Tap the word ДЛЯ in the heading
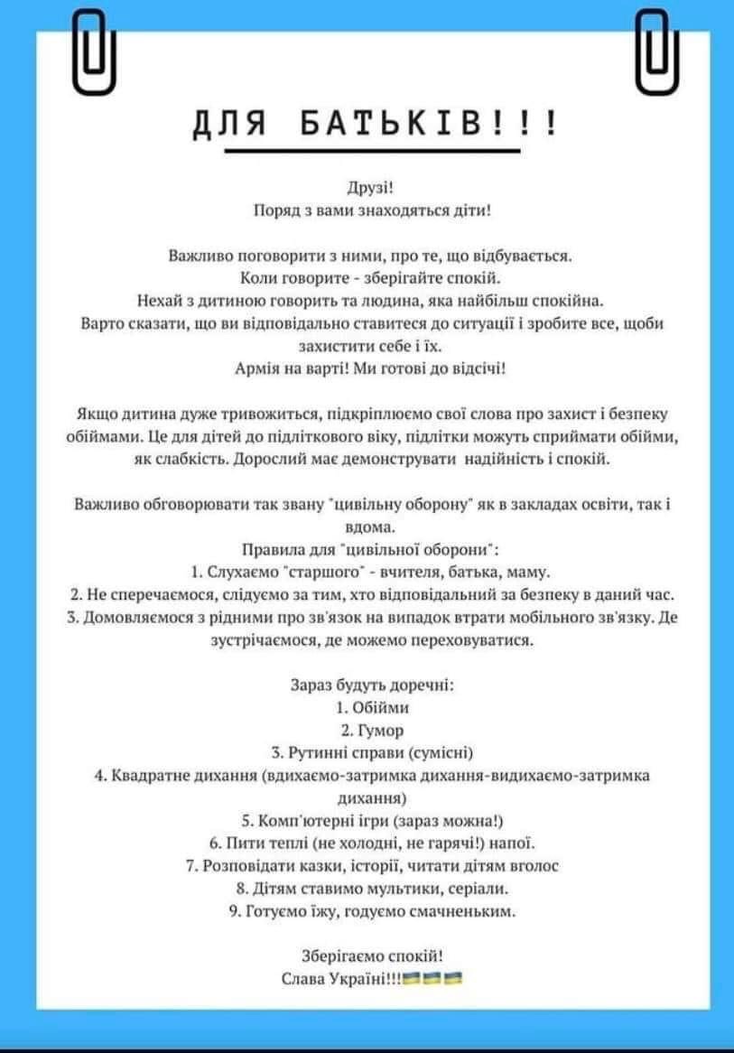coord(229,123)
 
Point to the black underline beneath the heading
coord(372,152)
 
